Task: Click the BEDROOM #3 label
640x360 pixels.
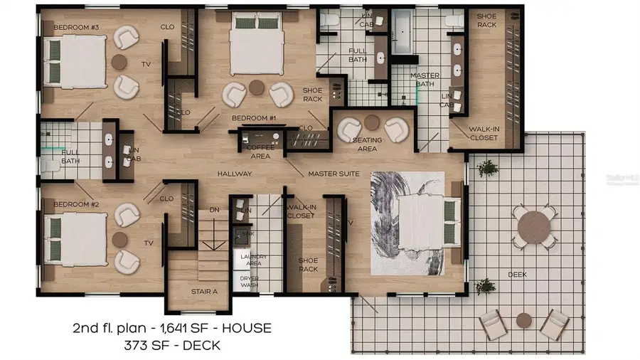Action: (76, 28)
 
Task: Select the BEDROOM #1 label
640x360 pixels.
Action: (253, 117)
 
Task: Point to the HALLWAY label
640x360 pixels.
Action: (235, 173)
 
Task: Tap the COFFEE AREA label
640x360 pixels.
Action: (260, 152)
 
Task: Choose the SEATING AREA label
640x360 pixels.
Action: (368, 144)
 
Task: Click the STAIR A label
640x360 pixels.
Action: (204, 291)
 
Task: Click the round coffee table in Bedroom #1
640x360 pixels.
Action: (257, 88)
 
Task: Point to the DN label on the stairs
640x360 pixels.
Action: (213, 211)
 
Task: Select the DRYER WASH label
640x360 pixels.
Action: (249, 281)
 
